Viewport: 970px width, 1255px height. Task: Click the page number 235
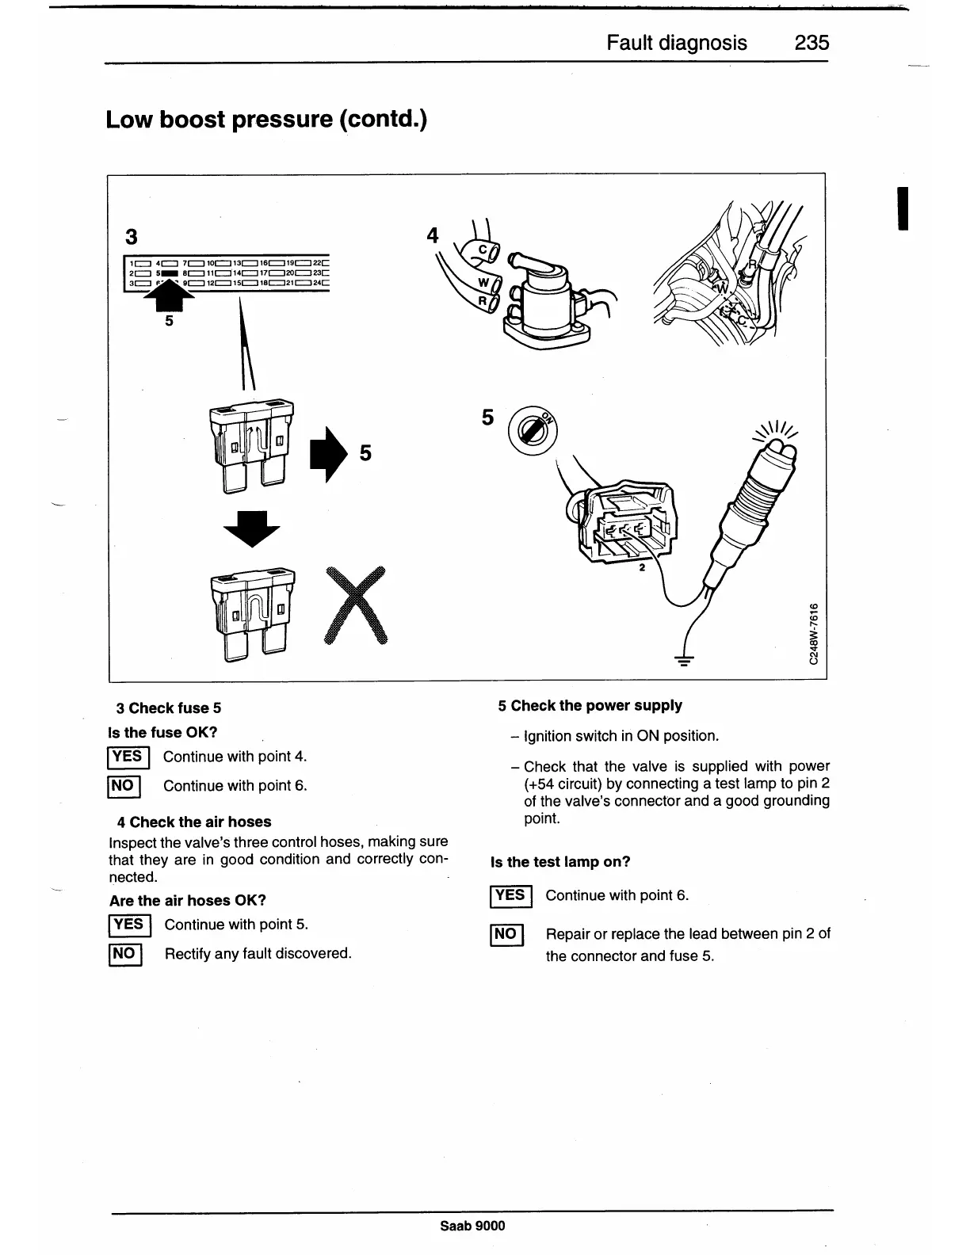pyautogui.click(x=812, y=42)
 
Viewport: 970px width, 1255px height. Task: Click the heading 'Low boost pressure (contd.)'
pyautogui.click(x=266, y=120)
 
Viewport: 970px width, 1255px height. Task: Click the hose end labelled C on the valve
pyautogui.click(x=482, y=252)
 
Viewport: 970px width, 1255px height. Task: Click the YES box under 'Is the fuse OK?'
pyautogui.click(x=127, y=757)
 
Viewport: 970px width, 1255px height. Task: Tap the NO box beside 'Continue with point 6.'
pyautogui.click(x=124, y=786)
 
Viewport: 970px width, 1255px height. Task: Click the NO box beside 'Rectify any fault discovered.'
pyautogui.click(x=124, y=954)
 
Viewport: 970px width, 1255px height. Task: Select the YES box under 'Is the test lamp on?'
pyautogui.click(x=510, y=896)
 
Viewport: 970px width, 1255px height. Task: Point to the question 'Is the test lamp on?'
pyautogui.click(x=560, y=862)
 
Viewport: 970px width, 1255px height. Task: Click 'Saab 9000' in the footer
pyautogui.click(x=472, y=1226)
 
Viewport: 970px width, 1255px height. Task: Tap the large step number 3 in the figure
pyautogui.click(x=132, y=237)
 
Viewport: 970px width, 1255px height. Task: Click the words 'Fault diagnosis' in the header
pyautogui.click(x=676, y=42)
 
